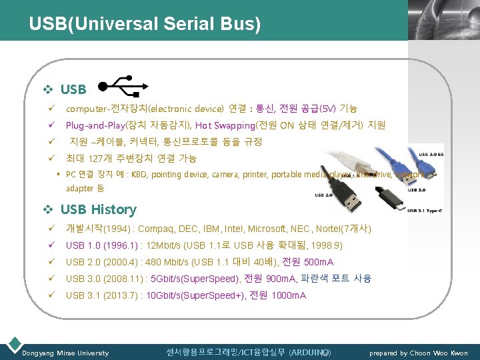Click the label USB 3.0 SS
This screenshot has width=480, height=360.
430,155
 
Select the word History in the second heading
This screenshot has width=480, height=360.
113,209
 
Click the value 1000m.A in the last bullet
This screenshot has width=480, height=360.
289,295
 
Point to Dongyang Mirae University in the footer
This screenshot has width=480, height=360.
65,353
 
